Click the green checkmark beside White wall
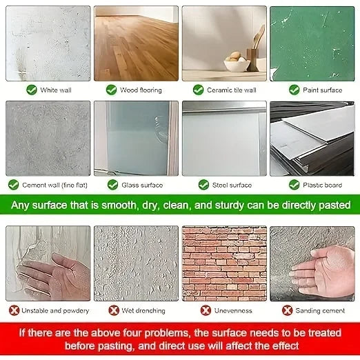32,90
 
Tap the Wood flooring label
141,90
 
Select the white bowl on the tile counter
237,65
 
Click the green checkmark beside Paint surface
294,90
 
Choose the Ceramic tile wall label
232,90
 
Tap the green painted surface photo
312,43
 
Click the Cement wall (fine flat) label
54,185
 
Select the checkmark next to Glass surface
112,185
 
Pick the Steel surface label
232,185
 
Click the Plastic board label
322,185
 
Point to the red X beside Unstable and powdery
14,310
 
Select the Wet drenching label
143,311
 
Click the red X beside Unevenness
206,310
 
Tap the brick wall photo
224,263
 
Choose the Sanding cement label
320,311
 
